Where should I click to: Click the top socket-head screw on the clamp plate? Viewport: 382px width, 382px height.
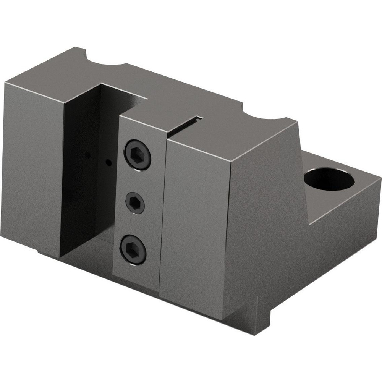pos(137,155)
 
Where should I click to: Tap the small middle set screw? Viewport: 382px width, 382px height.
pos(135,203)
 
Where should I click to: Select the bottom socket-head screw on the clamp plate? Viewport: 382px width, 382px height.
pos(133,249)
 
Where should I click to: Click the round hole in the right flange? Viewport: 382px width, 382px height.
pos(329,178)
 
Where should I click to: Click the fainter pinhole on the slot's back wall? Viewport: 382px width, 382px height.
pos(87,155)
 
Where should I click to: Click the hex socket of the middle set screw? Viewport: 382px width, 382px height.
pos(135,203)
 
